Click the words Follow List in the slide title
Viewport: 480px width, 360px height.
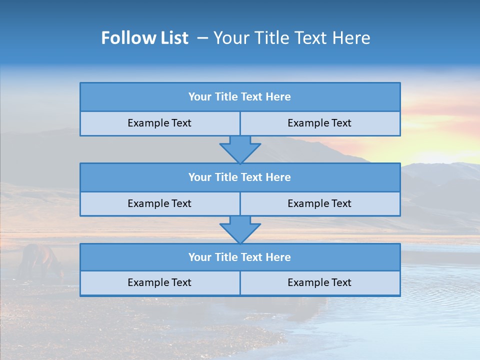click(144, 38)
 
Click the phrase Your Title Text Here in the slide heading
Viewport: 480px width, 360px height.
click(292, 38)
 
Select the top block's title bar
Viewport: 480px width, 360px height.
click(240, 97)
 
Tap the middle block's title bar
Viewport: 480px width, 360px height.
click(240, 177)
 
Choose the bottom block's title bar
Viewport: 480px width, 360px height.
click(240, 257)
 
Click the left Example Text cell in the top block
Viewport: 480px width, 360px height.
click(159, 123)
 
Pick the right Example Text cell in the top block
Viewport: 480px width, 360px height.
click(319, 123)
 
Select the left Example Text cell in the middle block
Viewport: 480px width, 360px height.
click(159, 203)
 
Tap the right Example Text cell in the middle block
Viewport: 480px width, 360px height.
click(319, 203)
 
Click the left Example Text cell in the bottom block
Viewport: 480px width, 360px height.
click(159, 282)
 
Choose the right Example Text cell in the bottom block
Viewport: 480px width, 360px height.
click(319, 282)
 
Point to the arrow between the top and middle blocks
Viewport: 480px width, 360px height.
click(240, 149)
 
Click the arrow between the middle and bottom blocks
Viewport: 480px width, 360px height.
click(240, 229)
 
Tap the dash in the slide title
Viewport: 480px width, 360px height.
click(202, 38)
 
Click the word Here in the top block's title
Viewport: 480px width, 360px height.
click(278, 97)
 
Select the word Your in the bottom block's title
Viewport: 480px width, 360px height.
click(200, 257)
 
